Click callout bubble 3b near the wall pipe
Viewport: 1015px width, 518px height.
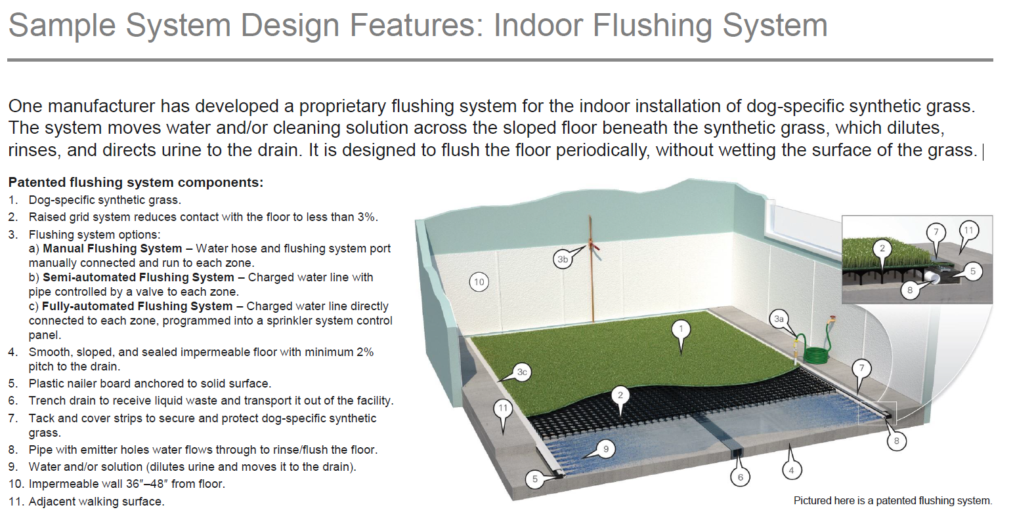pos(563,260)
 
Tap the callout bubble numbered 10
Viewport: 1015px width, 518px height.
pos(479,282)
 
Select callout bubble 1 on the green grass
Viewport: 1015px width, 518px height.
pos(681,329)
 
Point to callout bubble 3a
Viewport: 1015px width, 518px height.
pos(779,319)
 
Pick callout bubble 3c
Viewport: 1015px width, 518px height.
pos(522,372)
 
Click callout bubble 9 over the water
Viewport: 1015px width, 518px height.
pos(606,449)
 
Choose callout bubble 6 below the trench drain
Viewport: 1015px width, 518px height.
pos(741,477)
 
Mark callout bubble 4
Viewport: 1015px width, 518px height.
pos(792,470)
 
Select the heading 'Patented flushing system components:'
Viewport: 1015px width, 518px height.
pos(136,182)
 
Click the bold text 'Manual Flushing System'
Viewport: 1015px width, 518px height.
pos(112,249)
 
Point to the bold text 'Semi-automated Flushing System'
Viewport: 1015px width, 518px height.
pos(138,277)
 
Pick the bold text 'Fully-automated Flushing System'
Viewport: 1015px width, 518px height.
pos(137,306)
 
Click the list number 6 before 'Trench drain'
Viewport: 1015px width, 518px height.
pos(13,401)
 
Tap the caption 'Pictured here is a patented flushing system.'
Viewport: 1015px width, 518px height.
pos(893,501)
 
